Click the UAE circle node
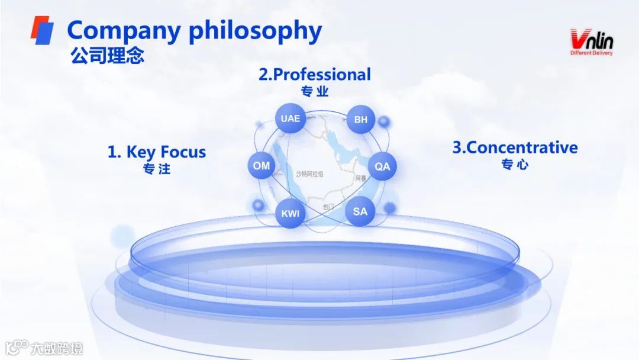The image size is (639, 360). [x=291, y=118]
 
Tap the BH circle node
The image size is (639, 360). [x=361, y=120]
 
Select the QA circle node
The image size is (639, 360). [x=383, y=166]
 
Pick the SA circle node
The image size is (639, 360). [x=360, y=211]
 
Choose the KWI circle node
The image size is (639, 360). [x=291, y=214]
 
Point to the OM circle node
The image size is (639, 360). [x=262, y=166]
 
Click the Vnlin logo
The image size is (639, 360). [x=591, y=40]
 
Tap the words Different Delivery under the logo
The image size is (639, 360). [x=591, y=53]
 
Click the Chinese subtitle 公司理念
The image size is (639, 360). [x=107, y=56]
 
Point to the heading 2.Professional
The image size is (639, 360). [x=315, y=75]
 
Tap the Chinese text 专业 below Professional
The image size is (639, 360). [x=315, y=92]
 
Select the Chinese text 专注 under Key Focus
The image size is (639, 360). [x=157, y=169]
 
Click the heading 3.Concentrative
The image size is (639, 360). [x=515, y=147]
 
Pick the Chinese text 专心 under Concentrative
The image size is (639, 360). [x=514, y=165]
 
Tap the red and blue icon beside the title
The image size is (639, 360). [x=42, y=30]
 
